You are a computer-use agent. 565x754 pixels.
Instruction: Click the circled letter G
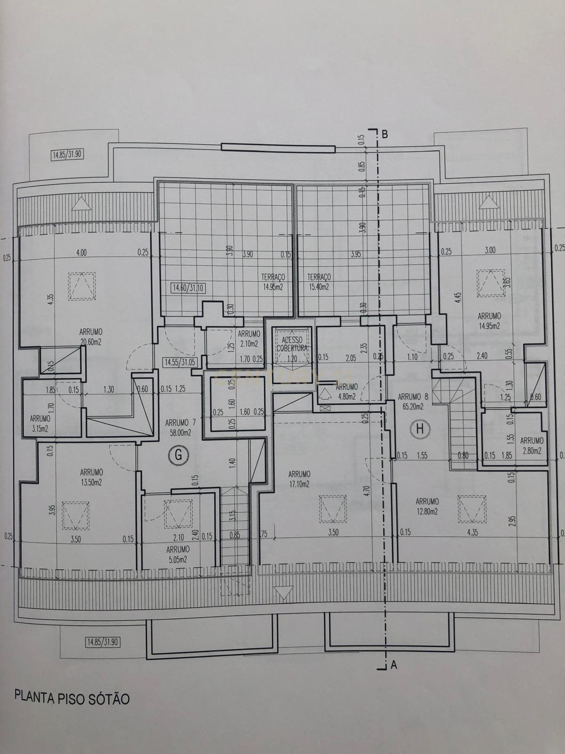[178, 455]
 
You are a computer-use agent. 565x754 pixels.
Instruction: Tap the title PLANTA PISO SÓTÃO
[72, 697]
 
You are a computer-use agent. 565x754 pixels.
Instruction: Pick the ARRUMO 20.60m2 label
[91, 336]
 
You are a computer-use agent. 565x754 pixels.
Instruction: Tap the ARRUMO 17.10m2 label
[299, 479]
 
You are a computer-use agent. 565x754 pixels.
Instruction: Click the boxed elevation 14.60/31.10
[188, 287]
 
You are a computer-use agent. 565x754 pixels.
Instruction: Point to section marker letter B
[385, 134]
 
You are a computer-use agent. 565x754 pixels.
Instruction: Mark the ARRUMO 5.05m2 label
[178, 555]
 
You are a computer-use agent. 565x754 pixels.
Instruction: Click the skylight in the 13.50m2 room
[76, 516]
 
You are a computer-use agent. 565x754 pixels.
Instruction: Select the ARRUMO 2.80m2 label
[532, 445]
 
